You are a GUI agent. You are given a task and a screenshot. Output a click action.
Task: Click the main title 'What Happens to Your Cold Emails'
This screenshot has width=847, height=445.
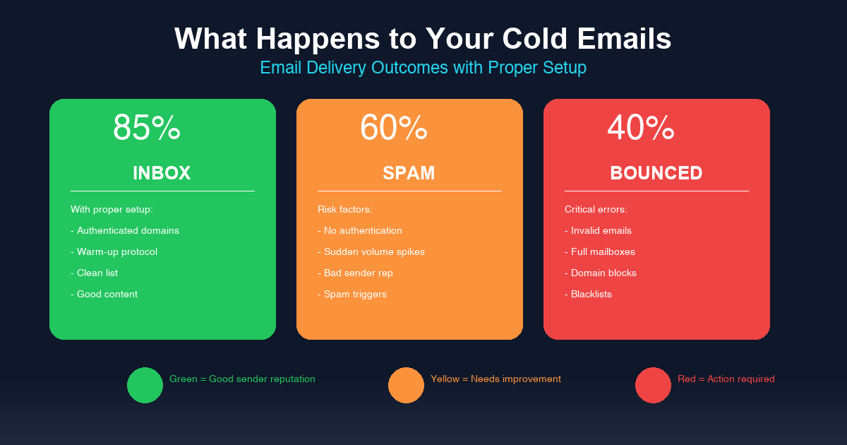423,39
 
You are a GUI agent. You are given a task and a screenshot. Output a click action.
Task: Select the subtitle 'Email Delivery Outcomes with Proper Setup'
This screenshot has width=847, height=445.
423,68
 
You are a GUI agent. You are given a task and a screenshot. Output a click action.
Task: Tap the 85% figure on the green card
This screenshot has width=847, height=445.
147,129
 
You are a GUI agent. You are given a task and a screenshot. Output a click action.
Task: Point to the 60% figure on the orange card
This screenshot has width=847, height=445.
394,129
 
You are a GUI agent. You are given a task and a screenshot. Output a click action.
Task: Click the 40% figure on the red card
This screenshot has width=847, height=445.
641,129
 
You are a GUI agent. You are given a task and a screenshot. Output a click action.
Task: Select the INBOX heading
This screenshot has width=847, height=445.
162,173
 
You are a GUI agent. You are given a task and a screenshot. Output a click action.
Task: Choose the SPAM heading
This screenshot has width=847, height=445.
409,173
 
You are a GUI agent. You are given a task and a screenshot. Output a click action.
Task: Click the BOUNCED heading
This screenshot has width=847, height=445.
656,173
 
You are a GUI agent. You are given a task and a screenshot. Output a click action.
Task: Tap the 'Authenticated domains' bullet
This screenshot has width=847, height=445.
125,231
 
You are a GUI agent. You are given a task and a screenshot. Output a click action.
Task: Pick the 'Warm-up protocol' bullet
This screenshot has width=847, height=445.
114,252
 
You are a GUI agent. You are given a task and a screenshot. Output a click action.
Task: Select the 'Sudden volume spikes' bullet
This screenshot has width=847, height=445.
371,252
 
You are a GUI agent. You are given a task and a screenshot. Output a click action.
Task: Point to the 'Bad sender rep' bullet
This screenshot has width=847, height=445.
355,273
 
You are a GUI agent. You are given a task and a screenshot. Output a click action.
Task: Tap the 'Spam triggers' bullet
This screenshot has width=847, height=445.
352,295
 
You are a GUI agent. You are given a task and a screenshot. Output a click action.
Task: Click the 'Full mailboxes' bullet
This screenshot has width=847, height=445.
600,252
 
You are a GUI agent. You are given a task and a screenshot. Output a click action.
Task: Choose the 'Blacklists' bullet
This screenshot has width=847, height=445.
588,295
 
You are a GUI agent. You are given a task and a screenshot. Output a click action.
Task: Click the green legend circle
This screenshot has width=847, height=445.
145,385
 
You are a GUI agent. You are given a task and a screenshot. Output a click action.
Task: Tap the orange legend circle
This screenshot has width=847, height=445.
406,385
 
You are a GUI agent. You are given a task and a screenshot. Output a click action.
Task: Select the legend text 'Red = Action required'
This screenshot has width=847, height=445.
726,379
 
